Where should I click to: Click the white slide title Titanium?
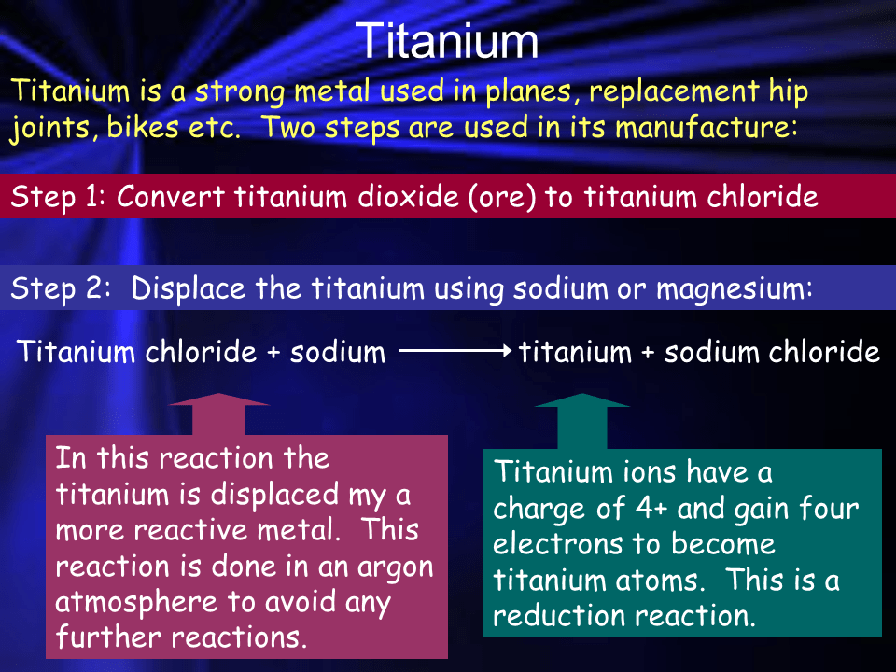point(447,42)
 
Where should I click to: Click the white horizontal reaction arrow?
point(455,352)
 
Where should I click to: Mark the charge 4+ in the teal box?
point(650,509)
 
